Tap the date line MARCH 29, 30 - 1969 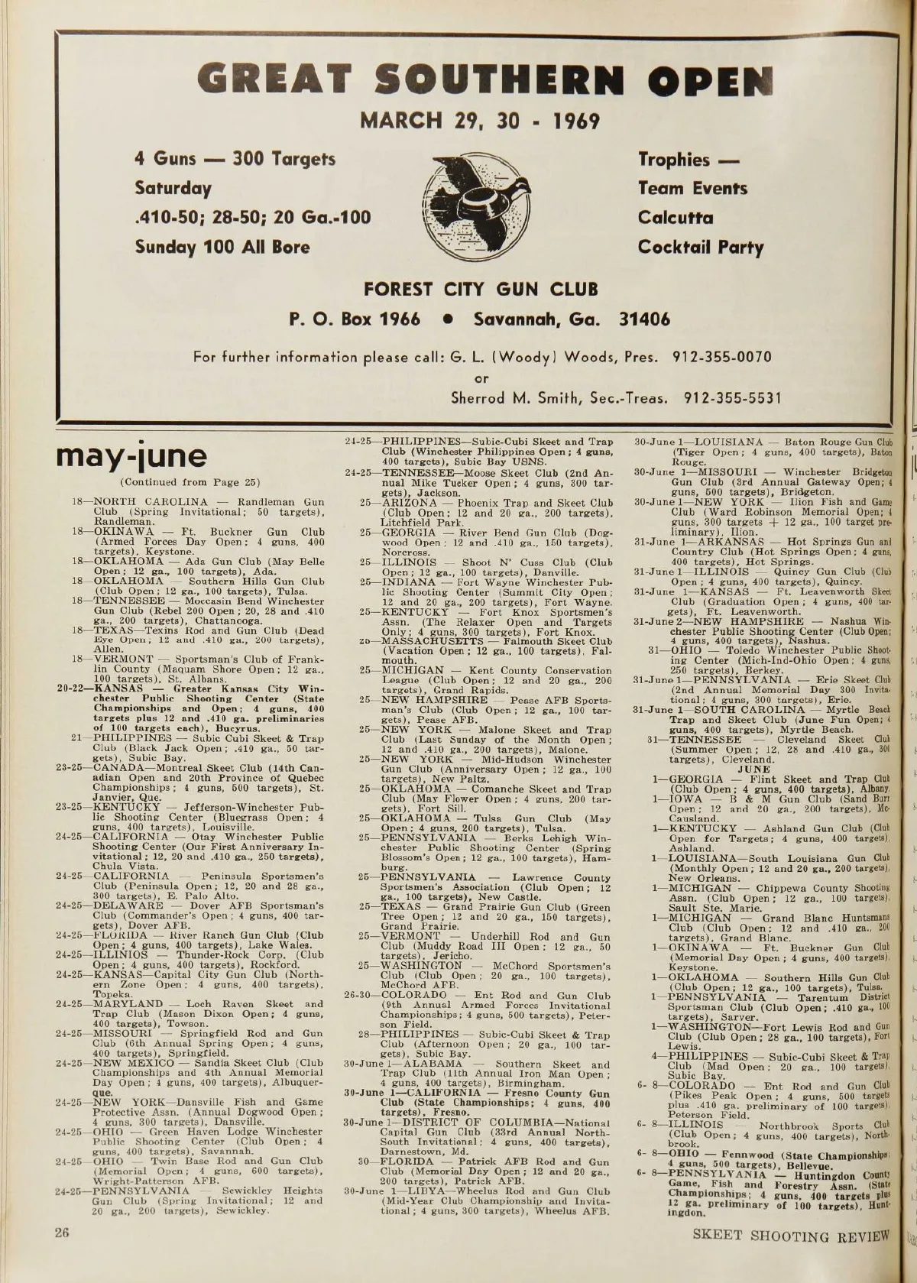(x=480, y=121)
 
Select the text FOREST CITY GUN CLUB (x=481, y=290)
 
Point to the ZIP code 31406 (x=643, y=319)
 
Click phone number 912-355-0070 (x=721, y=357)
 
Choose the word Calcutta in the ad (x=676, y=218)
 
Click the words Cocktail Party (x=701, y=247)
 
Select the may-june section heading (x=131, y=456)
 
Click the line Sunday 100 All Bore (x=222, y=247)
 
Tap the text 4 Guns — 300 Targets (x=235, y=159)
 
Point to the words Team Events (x=692, y=188)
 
